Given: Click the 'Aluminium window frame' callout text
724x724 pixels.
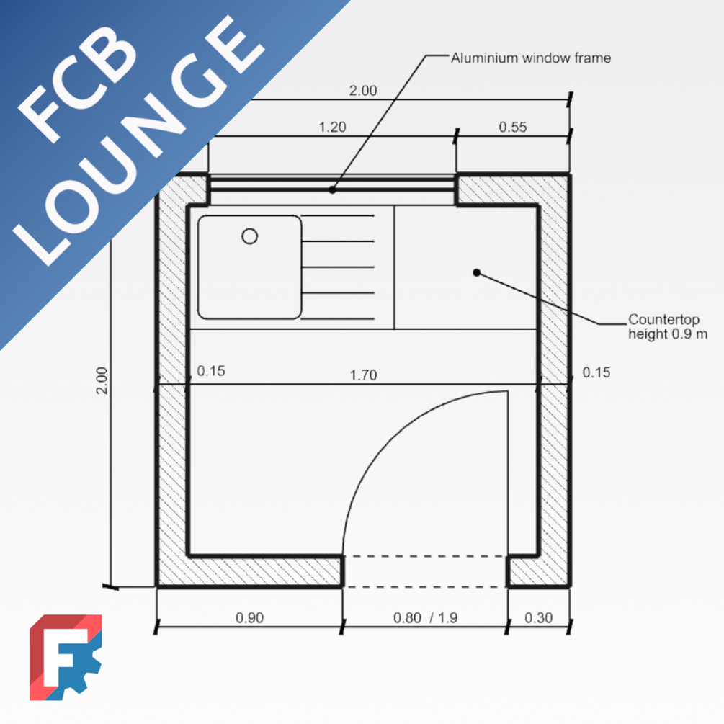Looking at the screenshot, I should [530, 58].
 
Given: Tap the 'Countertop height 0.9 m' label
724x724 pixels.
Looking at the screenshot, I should [663, 326].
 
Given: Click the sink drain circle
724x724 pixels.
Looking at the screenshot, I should [249, 236].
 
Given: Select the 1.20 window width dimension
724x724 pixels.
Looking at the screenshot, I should [332, 128].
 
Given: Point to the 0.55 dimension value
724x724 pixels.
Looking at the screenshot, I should [512, 128].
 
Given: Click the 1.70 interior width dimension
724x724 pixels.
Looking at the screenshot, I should [363, 375].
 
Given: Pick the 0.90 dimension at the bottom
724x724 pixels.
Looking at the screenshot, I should [249, 617].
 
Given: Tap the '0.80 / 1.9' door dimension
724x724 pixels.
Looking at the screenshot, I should [425, 617].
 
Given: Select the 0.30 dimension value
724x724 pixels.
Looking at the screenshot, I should [538, 617].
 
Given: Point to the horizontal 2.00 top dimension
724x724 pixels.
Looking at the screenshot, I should [362, 91].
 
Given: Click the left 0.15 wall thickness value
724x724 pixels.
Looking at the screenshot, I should [211, 371].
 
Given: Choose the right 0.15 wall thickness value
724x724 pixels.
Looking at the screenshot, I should [596, 372].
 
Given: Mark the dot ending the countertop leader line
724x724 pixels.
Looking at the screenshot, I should [476, 272].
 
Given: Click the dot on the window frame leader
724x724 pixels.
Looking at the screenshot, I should [332, 190].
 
